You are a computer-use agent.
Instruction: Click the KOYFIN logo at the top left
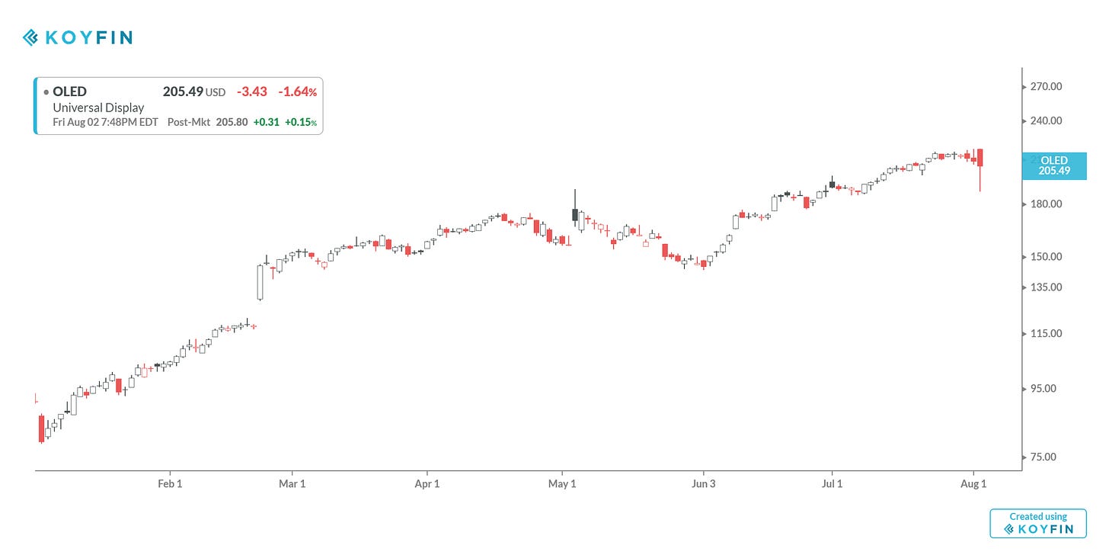(x=77, y=37)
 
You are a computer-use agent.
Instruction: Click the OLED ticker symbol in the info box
(x=69, y=91)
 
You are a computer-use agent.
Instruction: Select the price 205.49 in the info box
(x=183, y=91)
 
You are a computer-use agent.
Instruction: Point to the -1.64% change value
(x=297, y=91)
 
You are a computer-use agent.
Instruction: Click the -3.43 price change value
(x=252, y=91)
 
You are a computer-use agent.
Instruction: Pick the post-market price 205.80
(x=232, y=122)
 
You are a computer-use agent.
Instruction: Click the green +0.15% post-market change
(x=301, y=122)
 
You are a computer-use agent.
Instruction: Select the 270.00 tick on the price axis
(x=1046, y=87)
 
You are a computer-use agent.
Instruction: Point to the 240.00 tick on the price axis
(x=1046, y=120)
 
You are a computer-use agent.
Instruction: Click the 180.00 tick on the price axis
(x=1046, y=204)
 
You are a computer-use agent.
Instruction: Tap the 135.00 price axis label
(x=1046, y=287)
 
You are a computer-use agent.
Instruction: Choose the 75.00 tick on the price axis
(x=1046, y=457)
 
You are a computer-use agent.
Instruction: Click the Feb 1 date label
(x=170, y=484)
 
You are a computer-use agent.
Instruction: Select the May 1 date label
(x=562, y=484)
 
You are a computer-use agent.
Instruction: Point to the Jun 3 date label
(x=703, y=484)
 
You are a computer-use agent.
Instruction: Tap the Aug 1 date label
(x=973, y=484)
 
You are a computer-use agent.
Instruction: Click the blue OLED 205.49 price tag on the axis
(x=1054, y=165)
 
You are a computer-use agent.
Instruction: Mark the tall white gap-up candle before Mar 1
(x=260, y=282)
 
